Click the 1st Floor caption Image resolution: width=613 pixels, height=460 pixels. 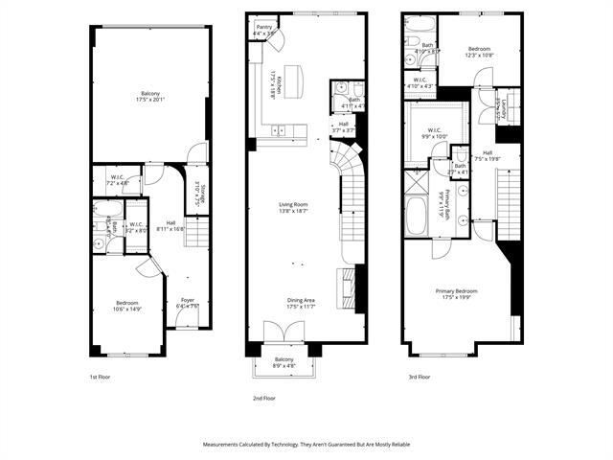tap(100, 378)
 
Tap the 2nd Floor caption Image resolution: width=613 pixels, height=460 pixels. tap(264, 396)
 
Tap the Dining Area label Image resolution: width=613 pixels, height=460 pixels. tap(302, 300)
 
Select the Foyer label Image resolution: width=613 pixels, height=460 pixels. tap(188, 300)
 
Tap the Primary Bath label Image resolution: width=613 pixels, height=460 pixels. tap(442, 203)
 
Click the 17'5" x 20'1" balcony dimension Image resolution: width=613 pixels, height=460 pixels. tap(149, 98)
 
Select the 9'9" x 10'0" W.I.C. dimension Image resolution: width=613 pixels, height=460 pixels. tap(429, 137)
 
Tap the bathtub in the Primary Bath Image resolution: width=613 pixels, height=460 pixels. tap(417, 216)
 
